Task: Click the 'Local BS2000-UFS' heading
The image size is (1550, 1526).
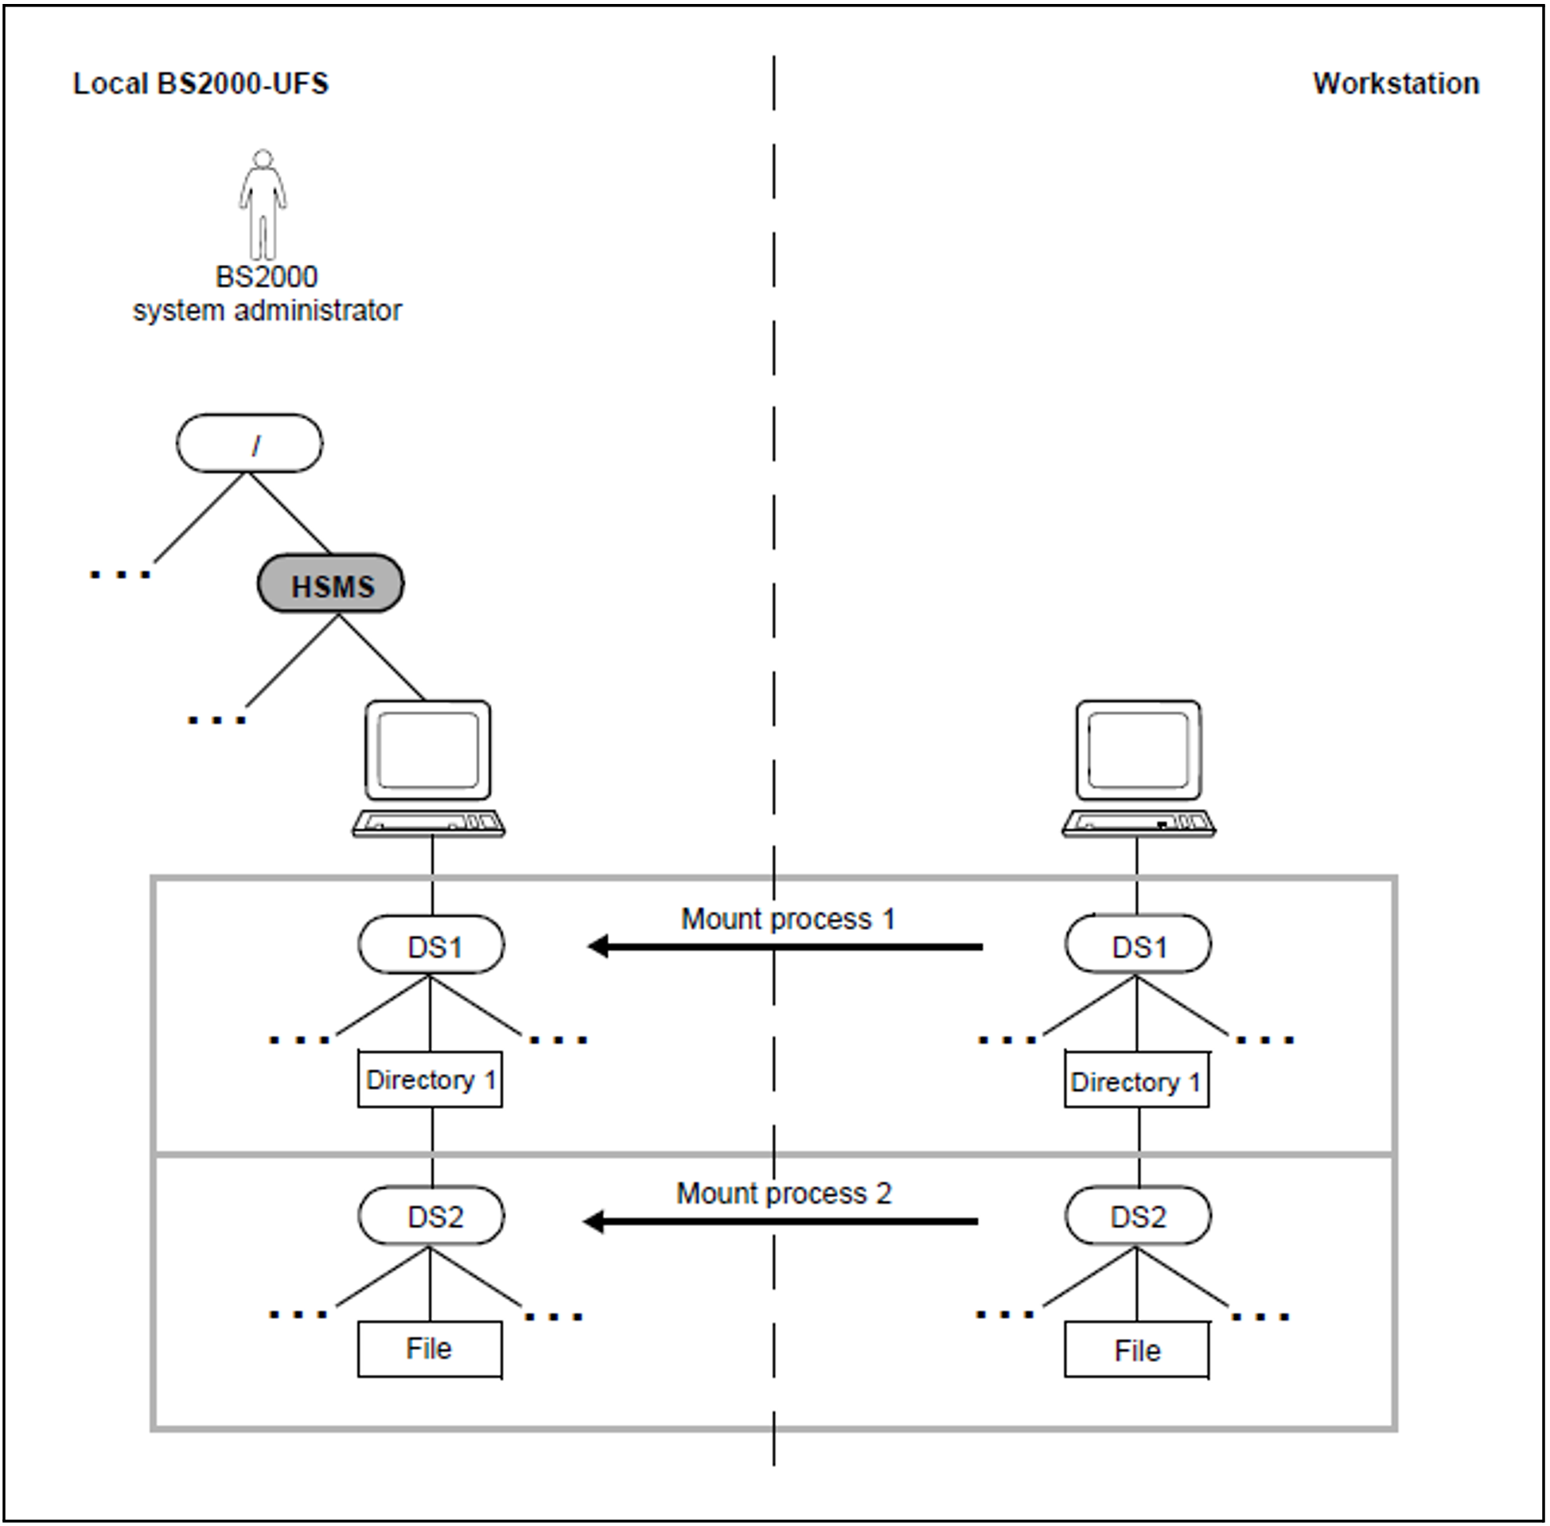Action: [201, 84]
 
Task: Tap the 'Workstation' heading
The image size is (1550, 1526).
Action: [1396, 84]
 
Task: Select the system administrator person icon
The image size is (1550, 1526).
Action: [263, 204]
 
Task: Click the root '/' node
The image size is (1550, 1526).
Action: [249, 443]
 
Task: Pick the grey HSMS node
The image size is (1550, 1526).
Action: [330, 584]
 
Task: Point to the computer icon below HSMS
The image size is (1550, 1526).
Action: [429, 768]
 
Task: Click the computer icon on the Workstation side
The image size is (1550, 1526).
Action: [1138, 768]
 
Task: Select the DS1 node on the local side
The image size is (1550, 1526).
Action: [431, 946]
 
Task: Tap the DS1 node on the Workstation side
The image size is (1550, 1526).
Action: [1138, 946]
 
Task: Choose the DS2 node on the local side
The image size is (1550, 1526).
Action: [431, 1216]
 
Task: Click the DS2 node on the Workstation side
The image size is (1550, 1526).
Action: [1138, 1216]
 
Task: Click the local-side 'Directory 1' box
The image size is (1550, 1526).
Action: [430, 1080]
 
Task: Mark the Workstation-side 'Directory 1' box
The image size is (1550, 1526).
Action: [1136, 1081]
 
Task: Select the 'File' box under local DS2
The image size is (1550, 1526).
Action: [430, 1349]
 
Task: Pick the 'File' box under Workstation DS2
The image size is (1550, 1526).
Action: [1136, 1350]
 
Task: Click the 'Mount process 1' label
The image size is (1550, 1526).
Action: [788, 918]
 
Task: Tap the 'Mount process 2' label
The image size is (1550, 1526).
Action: [784, 1193]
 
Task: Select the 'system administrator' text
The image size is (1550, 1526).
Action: [267, 311]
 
